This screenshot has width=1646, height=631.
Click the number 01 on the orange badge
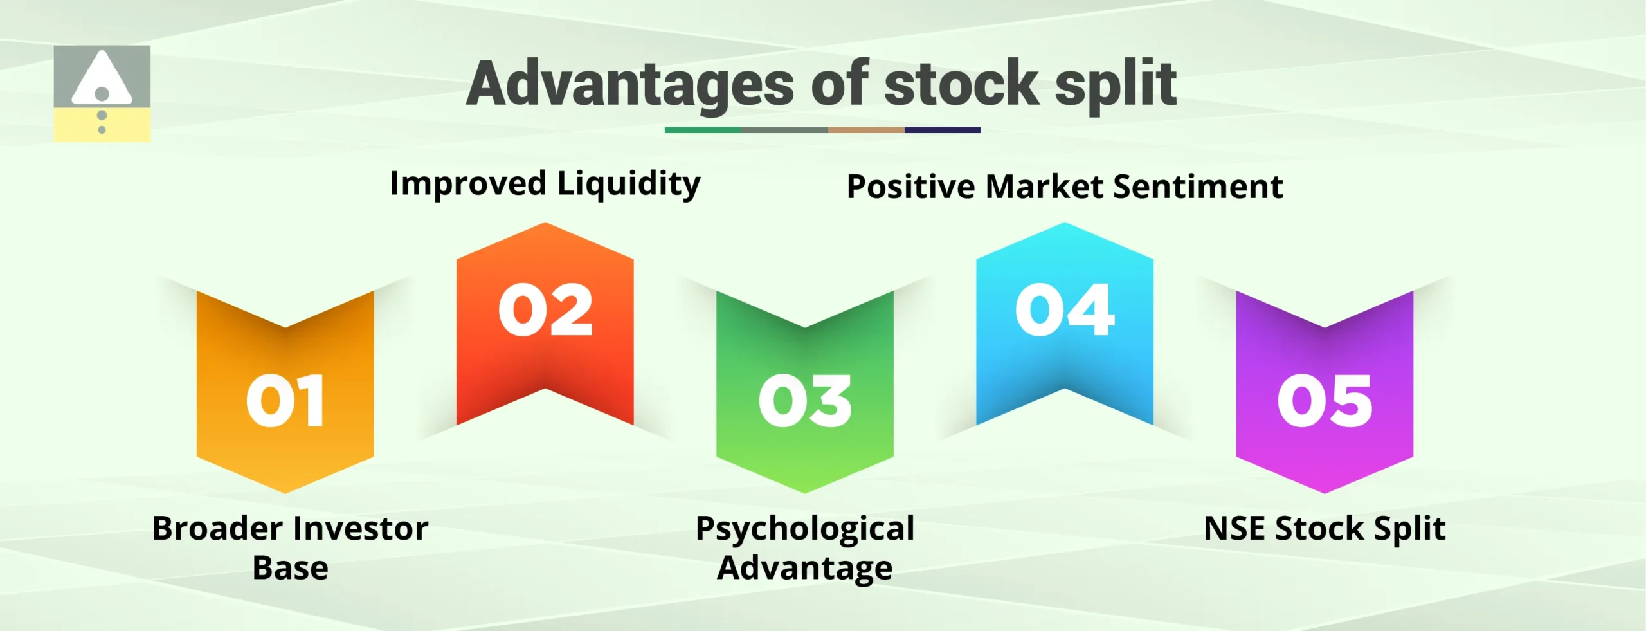click(285, 401)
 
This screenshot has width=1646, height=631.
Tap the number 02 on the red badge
click(545, 311)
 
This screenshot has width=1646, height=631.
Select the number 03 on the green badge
click(805, 401)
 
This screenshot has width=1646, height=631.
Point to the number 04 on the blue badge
click(1065, 311)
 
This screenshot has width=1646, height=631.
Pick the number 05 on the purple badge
click(1325, 401)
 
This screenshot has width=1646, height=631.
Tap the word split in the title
click(1116, 85)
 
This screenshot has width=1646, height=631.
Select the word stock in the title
click(961, 84)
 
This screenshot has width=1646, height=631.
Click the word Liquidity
click(629, 185)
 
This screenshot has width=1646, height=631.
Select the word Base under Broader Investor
click(290, 568)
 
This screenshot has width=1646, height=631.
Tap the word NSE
click(1234, 529)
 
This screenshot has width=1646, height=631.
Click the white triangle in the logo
click(102, 78)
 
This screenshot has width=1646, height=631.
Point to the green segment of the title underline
click(702, 130)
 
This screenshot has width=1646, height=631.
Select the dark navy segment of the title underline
click(942, 130)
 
